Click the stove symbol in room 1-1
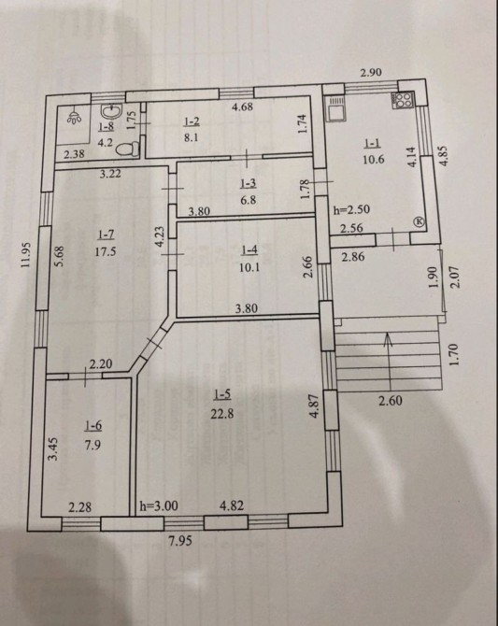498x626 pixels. (x=404, y=100)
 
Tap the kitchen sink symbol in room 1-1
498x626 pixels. (x=334, y=108)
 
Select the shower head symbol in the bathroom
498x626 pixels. (x=75, y=117)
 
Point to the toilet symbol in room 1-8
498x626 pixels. (x=128, y=149)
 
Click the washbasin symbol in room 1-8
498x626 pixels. (x=110, y=111)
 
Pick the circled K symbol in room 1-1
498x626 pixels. (x=420, y=221)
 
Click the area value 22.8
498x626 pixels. (x=222, y=414)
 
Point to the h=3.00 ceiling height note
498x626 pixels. (x=159, y=505)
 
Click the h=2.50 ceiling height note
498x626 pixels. (x=352, y=209)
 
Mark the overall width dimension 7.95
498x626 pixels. (x=180, y=541)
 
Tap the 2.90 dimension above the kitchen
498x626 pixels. (x=371, y=72)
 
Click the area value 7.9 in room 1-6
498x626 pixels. (x=92, y=445)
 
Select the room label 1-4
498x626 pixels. (x=249, y=250)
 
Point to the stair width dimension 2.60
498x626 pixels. (x=391, y=400)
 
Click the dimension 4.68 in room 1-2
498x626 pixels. (x=242, y=107)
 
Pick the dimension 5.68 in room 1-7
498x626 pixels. (x=59, y=256)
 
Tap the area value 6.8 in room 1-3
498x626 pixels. (x=249, y=200)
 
